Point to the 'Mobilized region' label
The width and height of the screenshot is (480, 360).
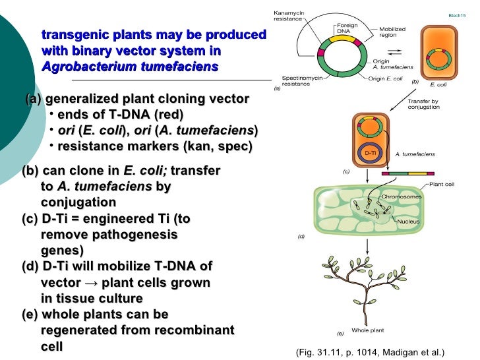tap(392, 33)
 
